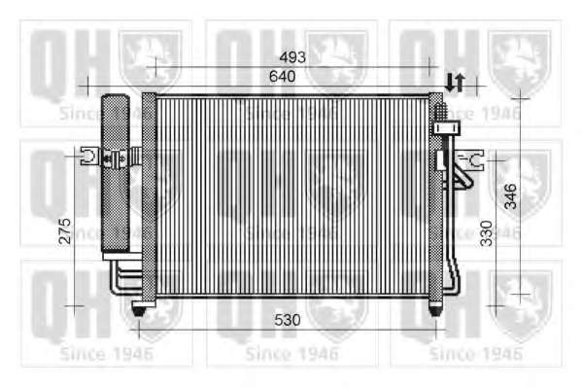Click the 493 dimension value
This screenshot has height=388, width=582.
[292, 57]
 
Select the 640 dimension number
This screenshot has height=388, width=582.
[283, 76]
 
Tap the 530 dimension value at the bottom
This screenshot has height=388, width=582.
[288, 320]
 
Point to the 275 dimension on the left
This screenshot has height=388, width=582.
[64, 231]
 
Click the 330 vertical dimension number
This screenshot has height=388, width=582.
[486, 233]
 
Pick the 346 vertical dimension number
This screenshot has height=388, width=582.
[511, 195]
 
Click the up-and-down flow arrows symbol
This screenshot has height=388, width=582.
[455, 83]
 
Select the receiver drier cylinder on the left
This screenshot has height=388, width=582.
[116, 173]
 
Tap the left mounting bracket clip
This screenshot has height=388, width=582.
[90, 156]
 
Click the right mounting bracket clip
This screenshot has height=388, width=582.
[470, 160]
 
